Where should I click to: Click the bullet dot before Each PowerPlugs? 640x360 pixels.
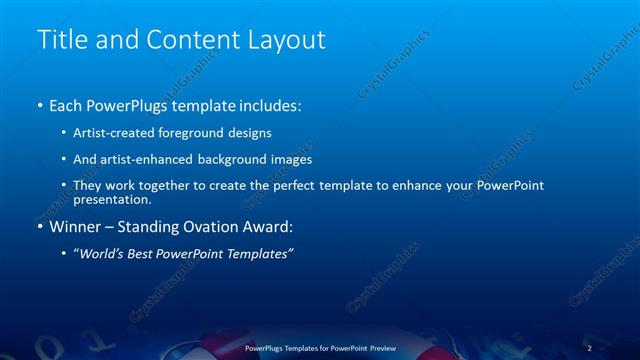coord(40,105)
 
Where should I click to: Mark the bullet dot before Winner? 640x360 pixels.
coord(40,227)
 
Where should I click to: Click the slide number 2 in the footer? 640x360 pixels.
coord(589,347)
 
